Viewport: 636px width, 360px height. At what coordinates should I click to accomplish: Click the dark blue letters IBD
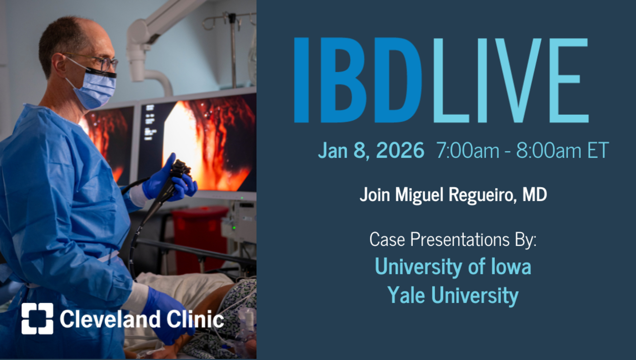click(x=358, y=80)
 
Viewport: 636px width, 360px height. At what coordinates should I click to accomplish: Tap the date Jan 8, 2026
click(x=371, y=150)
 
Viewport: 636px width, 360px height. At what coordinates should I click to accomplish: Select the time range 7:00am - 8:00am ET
click(x=522, y=150)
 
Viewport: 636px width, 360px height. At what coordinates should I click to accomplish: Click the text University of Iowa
click(x=453, y=267)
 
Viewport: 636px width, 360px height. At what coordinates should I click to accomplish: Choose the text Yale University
click(x=453, y=295)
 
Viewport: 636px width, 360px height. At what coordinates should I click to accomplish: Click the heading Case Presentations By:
click(x=453, y=240)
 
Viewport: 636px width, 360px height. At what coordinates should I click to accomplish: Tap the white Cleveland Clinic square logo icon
click(x=37, y=318)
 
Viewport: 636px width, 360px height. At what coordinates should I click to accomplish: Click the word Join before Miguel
click(x=375, y=195)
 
